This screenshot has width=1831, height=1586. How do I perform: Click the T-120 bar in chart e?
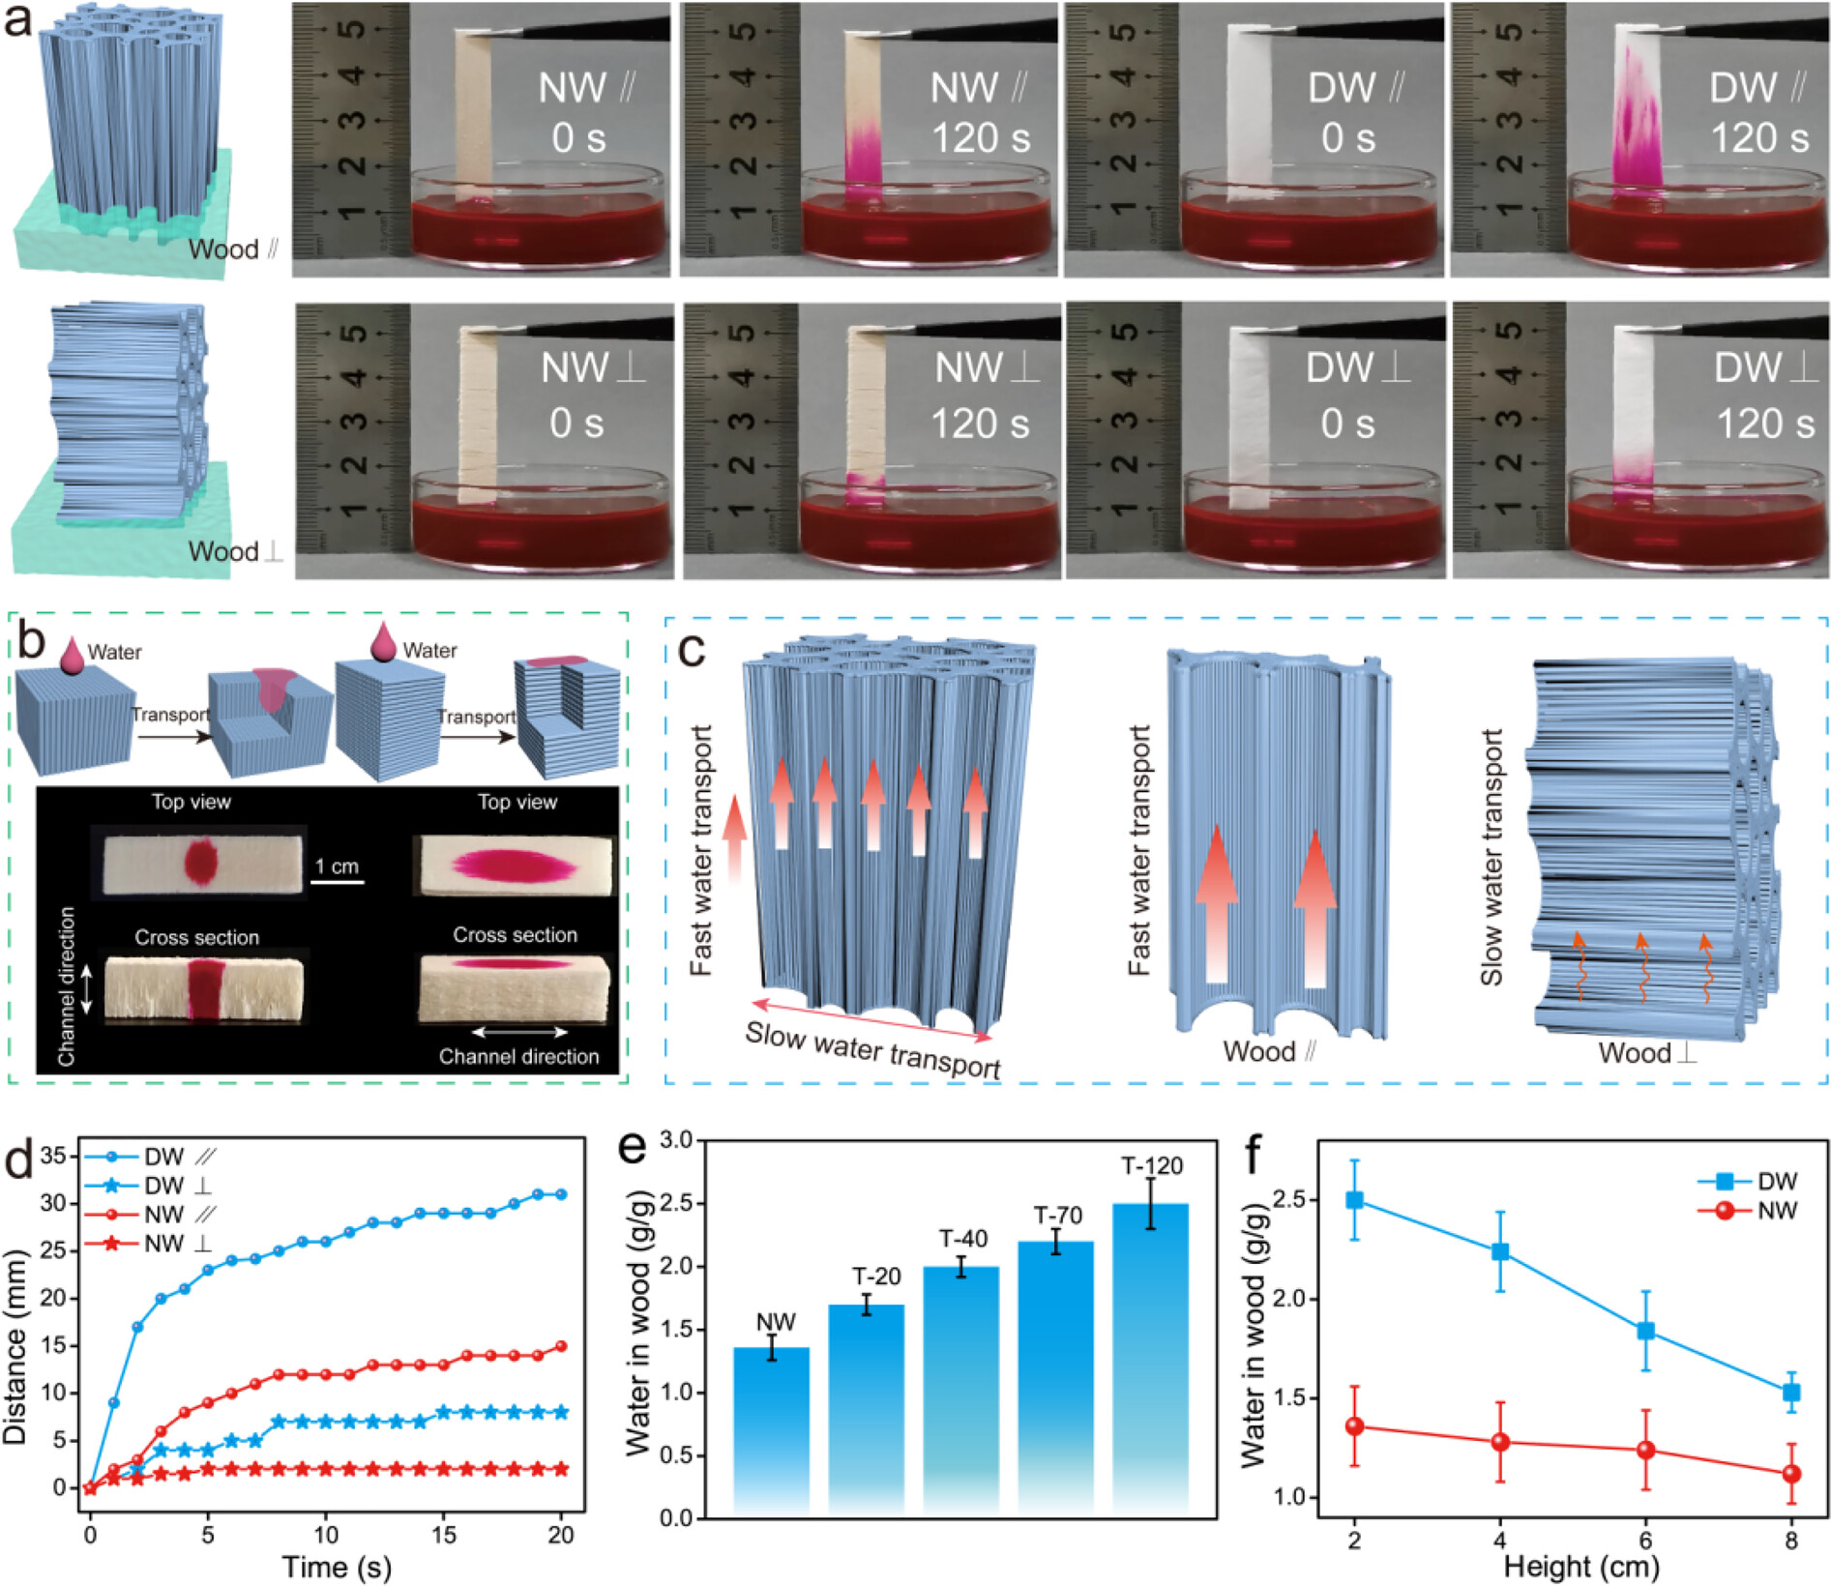1150,1354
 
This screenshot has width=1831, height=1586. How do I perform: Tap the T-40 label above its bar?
963,1240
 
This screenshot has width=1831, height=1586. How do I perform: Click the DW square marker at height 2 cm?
1354,1200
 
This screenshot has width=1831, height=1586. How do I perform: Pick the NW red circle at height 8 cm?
1791,1474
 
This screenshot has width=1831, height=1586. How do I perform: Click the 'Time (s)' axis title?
336,1567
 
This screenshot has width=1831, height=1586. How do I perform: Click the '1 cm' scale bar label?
337,866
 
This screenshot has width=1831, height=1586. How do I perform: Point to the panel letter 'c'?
693,651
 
